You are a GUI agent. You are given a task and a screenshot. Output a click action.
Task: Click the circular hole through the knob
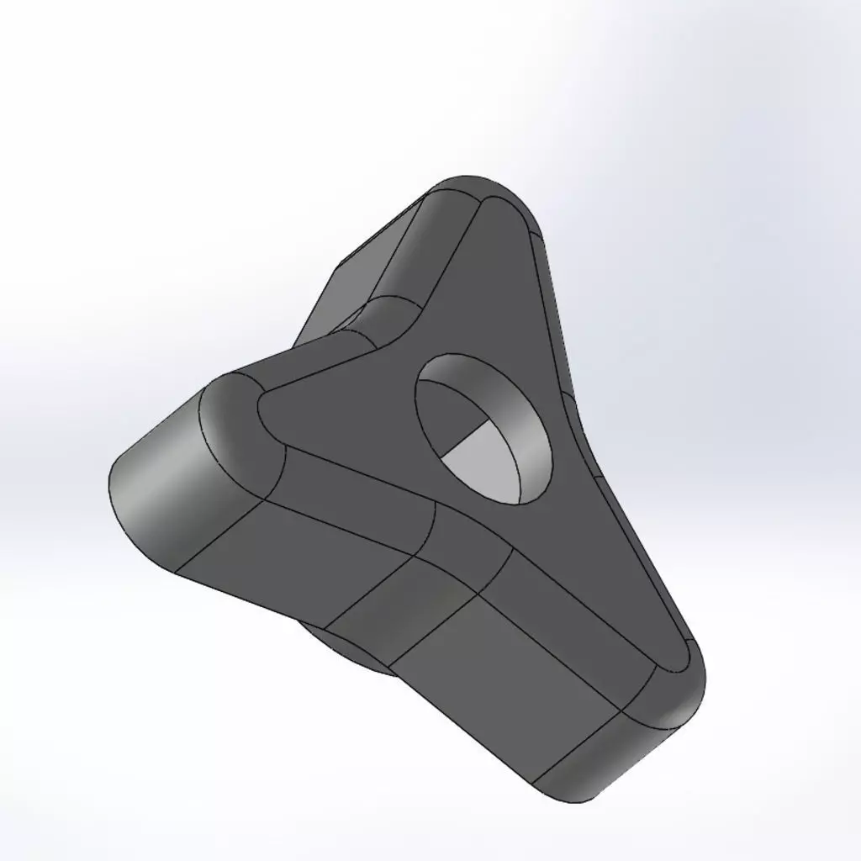click(x=483, y=429)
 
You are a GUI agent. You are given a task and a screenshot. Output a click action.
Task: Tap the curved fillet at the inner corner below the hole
click(x=467, y=547)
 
